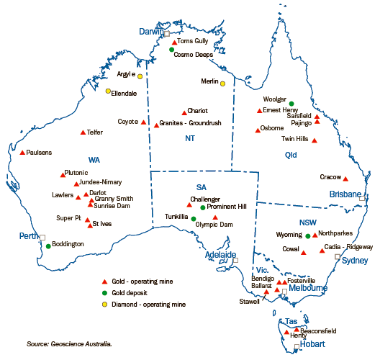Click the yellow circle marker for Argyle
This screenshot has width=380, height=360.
tap(140, 75)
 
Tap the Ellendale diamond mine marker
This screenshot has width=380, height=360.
tap(108, 91)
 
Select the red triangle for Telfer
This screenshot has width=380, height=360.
tap(83, 132)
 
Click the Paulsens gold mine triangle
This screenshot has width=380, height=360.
tap(22, 153)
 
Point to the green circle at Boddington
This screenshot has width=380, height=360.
tap(48, 246)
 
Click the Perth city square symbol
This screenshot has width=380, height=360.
tap(42, 237)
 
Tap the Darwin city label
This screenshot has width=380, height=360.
tap(152, 32)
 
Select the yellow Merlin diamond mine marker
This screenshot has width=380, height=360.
tap(223, 84)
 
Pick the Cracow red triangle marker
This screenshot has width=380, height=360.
tap(345, 179)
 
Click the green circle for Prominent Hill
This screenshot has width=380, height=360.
tap(203, 207)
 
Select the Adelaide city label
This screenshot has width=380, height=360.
tap(220, 255)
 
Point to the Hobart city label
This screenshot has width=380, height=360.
tap(317, 344)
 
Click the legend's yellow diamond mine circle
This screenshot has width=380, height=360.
tap(104, 305)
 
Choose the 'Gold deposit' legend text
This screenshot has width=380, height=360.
tap(131, 293)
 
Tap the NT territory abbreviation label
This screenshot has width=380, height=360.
tap(190, 138)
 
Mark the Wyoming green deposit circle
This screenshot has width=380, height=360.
tap(307, 235)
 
